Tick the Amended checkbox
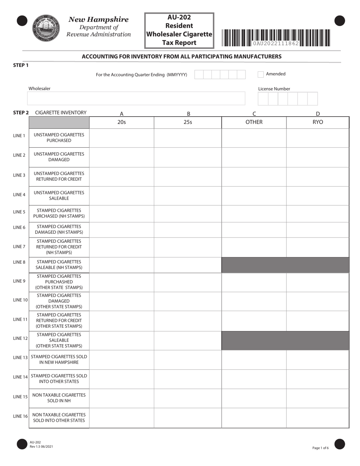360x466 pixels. click(x=261, y=74)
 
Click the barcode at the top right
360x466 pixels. click(x=276, y=38)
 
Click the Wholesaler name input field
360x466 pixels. click(x=136, y=99)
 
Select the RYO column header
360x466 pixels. click(x=318, y=122)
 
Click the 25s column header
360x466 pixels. click(x=188, y=122)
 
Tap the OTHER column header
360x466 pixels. click(x=254, y=122)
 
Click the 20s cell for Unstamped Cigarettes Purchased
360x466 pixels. click(x=122, y=138)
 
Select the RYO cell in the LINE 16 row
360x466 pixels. click(x=318, y=418)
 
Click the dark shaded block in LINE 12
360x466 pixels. click(x=285, y=341)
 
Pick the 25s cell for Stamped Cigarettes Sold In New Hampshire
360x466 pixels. click(x=188, y=360)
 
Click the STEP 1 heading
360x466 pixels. click(x=21, y=65)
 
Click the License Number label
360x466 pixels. click(x=274, y=89)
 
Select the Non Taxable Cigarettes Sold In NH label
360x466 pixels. click(x=59, y=398)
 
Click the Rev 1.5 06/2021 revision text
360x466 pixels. click(x=41, y=447)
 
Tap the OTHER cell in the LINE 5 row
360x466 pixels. click(x=254, y=213)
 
